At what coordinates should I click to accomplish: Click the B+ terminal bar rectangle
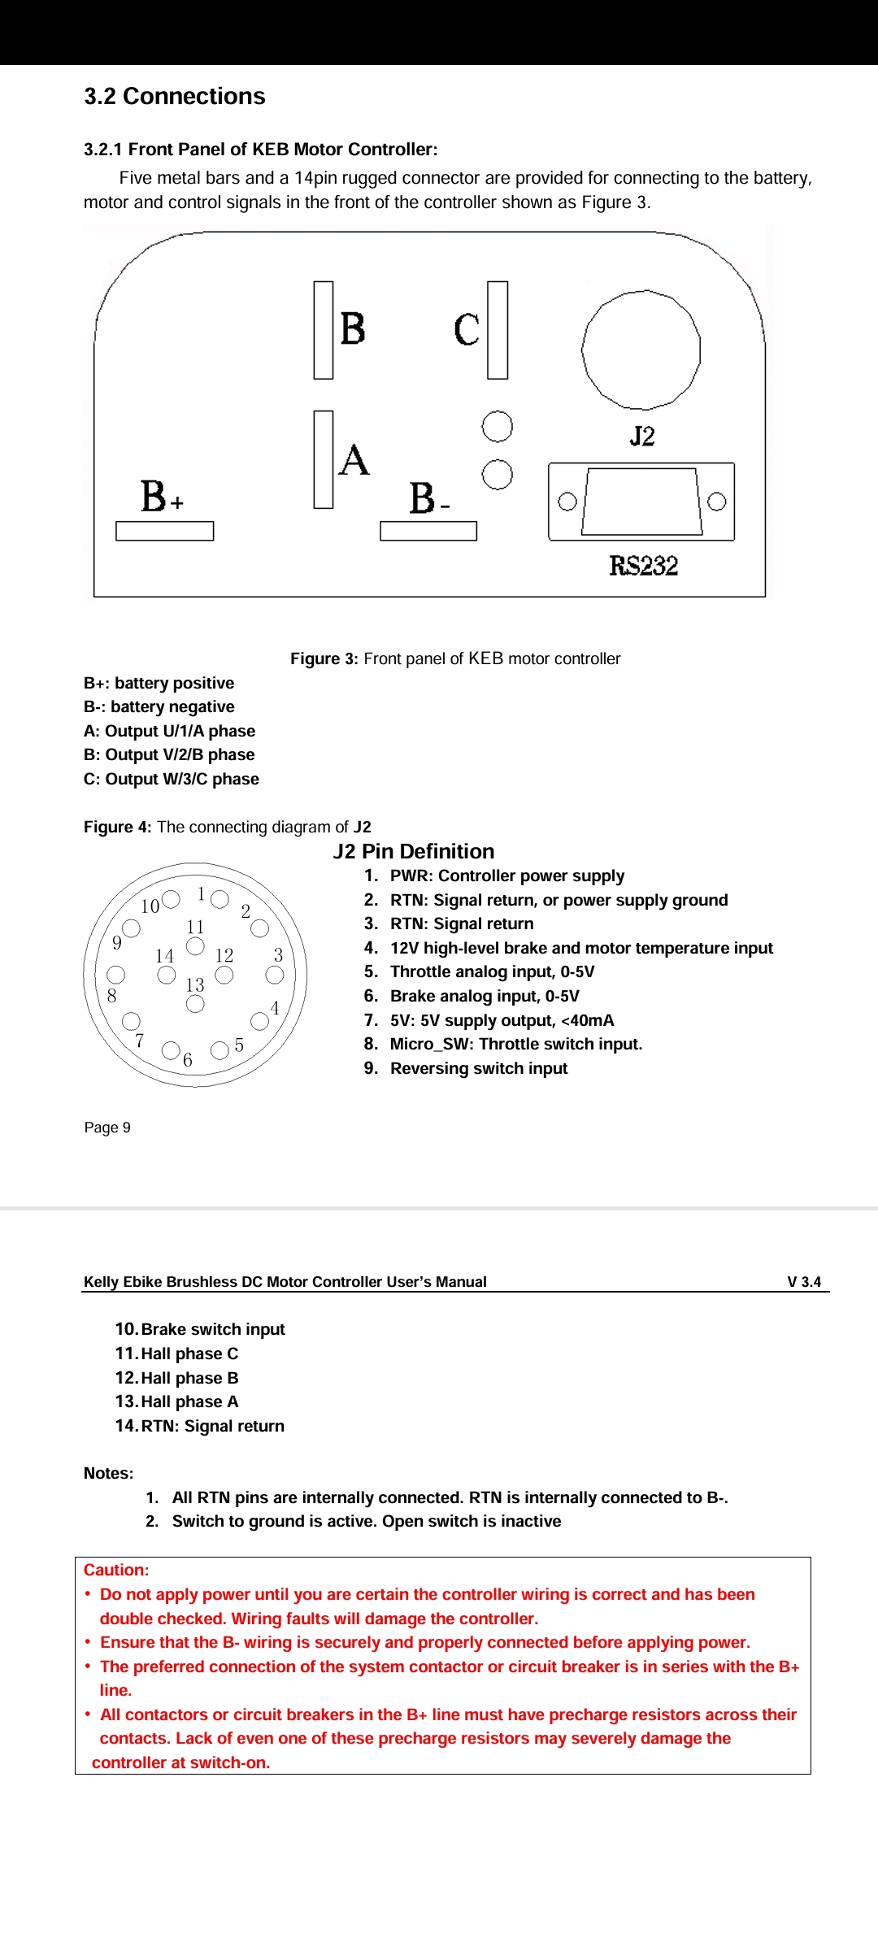pyautogui.click(x=164, y=531)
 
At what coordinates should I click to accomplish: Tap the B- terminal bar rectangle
pyautogui.click(x=428, y=531)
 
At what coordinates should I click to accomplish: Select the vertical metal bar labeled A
pyautogui.click(x=324, y=459)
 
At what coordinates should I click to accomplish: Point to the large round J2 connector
pyautogui.click(x=641, y=350)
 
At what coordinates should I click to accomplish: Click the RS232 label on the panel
pyautogui.click(x=644, y=566)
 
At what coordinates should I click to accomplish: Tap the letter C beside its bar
pyautogui.click(x=467, y=330)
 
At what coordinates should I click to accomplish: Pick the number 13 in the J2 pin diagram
pyautogui.click(x=195, y=985)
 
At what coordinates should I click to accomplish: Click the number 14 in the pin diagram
pyautogui.click(x=165, y=956)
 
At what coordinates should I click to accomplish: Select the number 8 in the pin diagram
pyautogui.click(x=112, y=996)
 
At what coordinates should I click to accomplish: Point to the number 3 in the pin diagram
pyautogui.click(x=278, y=955)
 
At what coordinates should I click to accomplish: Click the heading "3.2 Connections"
pyautogui.click(x=175, y=97)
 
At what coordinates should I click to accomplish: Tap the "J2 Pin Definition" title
pyautogui.click(x=413, y=851)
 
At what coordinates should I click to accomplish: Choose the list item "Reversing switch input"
pyautogui.click(x=479, y=1068)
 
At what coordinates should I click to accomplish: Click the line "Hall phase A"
pyautogui.click(x=189, y=1401)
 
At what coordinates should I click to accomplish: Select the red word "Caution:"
pyautogui.click(x=116, y=1570)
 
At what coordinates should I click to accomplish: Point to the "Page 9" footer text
pyautogui.click(x=107, y=1128)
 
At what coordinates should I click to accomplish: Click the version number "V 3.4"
pyautogui.click(x=804, y=1282)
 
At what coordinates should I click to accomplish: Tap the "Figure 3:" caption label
pyautogui.click(x=324, y=658)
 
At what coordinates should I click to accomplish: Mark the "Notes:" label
pyautogui.click(x=109, y=1473)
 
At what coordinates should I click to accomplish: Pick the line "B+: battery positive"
pyautogui.click(x=159, y=683)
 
